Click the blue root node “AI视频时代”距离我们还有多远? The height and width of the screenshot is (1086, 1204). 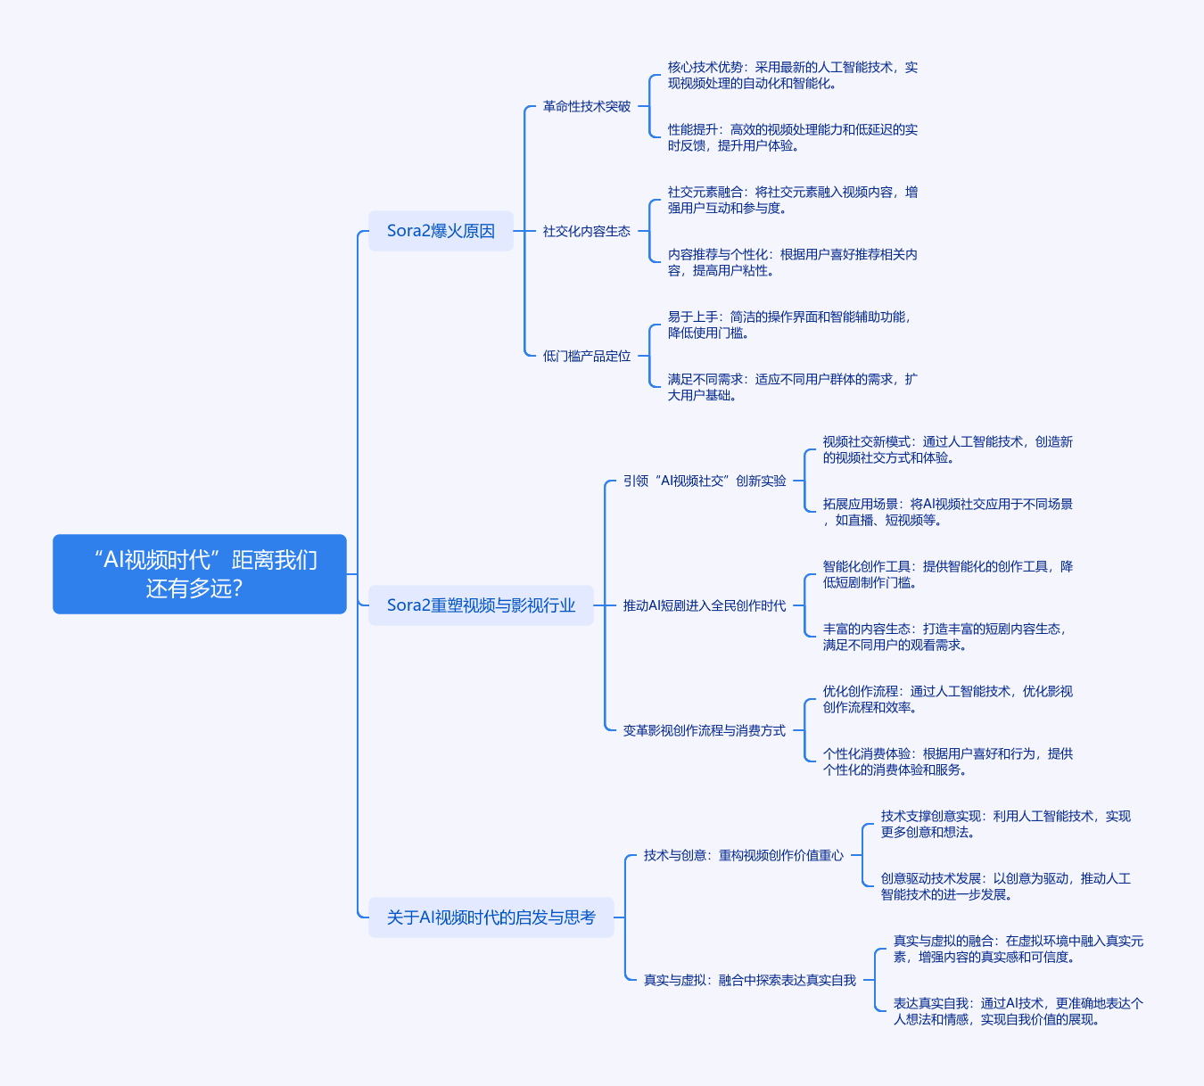[x=200, y=574]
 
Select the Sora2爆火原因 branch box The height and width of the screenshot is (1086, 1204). [x=441, y=231]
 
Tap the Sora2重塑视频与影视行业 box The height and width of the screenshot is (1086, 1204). [x=481, y=605]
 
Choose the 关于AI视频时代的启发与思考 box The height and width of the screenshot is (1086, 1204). [x=491, y=917]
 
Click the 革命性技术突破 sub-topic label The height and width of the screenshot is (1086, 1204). [x=587, y=106]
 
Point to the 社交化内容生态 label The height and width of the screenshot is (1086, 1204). [x=587, y=231]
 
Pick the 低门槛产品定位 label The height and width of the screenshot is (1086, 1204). [x=587, y=356]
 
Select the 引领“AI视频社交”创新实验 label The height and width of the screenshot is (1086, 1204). [x=705, y=481]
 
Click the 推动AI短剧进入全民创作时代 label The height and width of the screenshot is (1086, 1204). [x=705, y=605]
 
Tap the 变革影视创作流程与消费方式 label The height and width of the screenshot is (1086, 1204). [x=705, y=730]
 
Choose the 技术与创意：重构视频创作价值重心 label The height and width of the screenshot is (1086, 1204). [x=744, y=855]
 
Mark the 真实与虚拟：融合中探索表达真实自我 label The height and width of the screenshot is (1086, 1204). [x=750, y=980]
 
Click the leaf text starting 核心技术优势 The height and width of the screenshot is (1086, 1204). [x=793, y=75]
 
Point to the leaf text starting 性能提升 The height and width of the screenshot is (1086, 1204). [x=793, y=137]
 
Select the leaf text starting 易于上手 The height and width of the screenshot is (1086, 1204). [x=789, y=325]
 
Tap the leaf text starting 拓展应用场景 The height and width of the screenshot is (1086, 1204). [x=947, y=512]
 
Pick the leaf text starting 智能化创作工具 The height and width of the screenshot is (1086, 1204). [x=947, y=574]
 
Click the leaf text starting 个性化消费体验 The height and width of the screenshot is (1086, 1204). [x=947, y=761]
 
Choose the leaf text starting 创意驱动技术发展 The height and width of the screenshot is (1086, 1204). [x=1005, y=886]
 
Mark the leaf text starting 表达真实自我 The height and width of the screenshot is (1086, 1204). [x=1018, y=1011]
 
